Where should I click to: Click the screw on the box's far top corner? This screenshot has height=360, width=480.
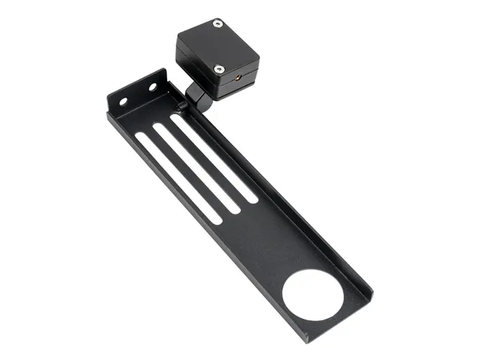[x=217, y=24]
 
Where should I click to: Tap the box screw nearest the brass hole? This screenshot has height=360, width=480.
[x=219, y=69]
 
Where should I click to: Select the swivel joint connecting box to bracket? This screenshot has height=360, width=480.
[x=197, y=94]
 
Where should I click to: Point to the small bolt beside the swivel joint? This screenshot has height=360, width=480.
[x=182, y=106]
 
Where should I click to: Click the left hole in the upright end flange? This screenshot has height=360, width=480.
[x=123, y=101]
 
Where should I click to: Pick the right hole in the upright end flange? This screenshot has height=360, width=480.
[x=151, y=87]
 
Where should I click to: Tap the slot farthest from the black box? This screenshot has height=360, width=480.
[x=178, y=178]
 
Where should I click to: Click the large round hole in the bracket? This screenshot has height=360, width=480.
[x=313, y=295]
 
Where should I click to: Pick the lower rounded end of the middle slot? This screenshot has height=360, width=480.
[x=235, y=209]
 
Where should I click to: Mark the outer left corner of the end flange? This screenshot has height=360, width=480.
[x=108, y=98]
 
